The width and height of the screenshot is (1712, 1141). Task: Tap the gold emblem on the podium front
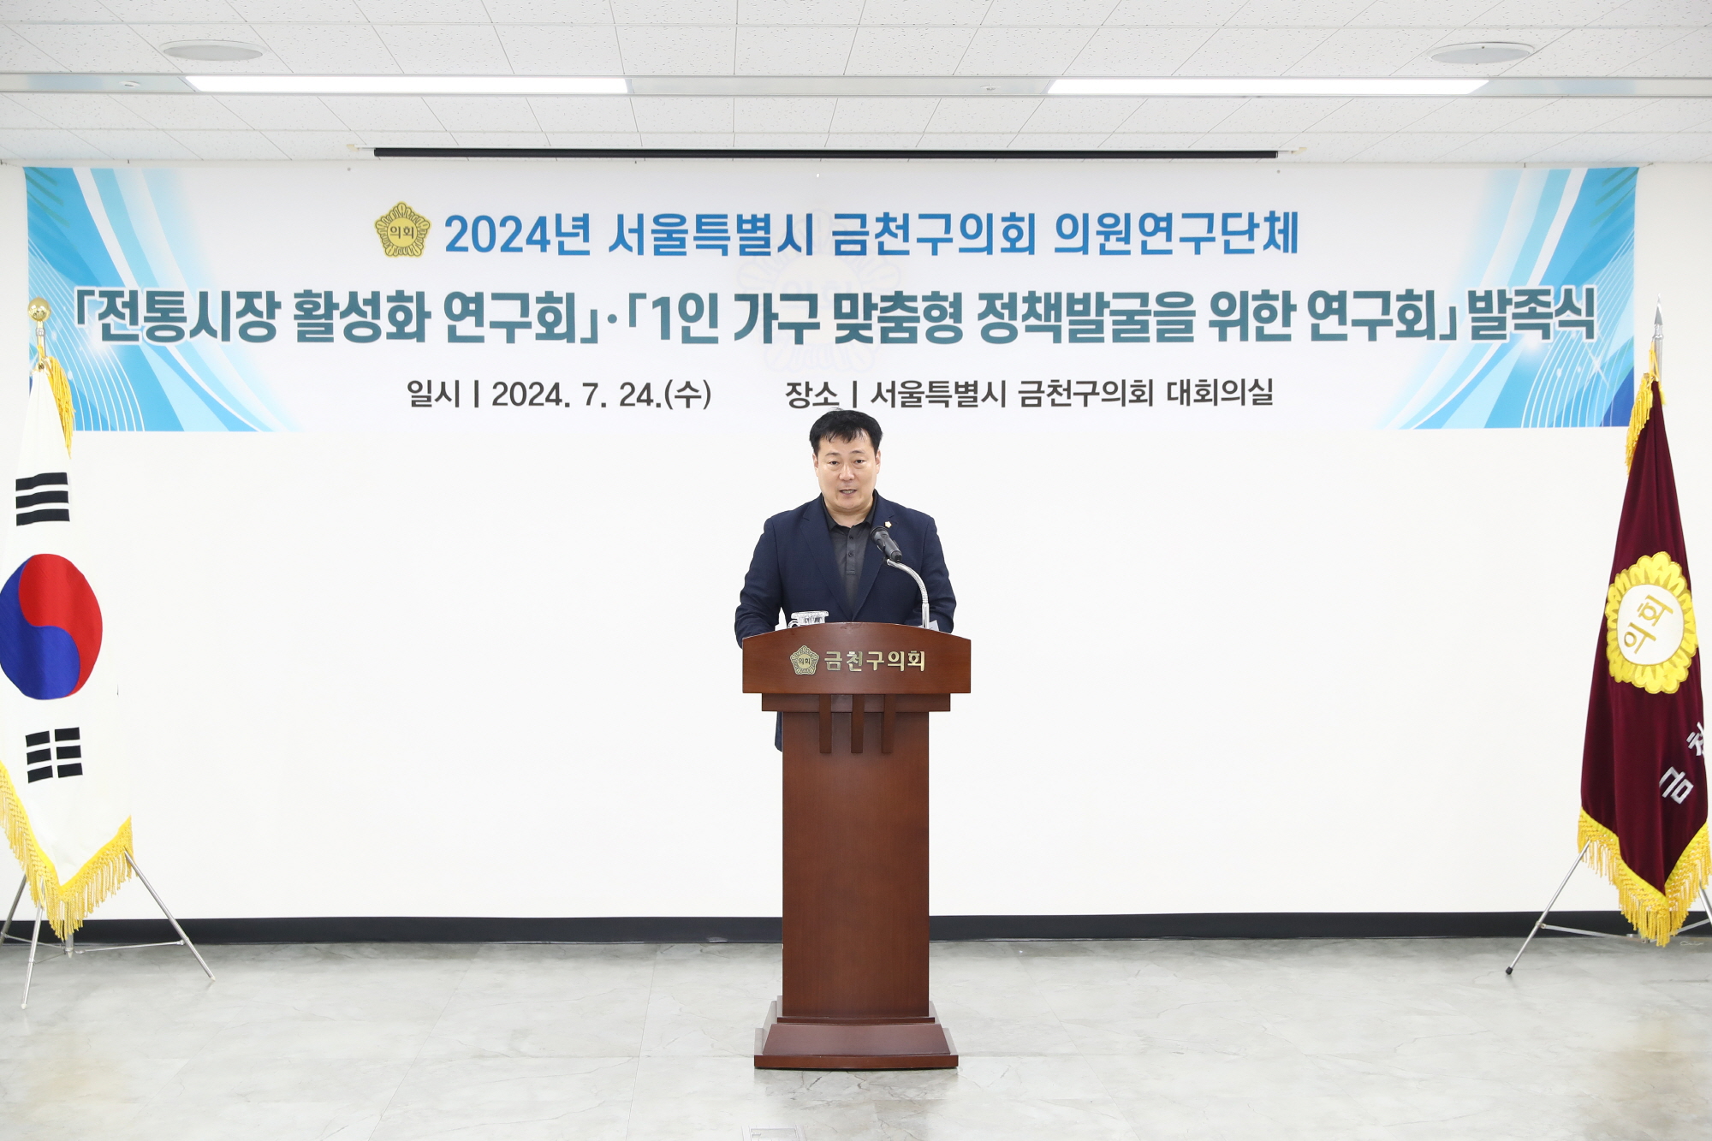(804, 660)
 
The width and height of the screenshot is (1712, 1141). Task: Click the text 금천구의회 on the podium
(874, 661)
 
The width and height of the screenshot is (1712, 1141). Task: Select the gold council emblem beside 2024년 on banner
(402, 229)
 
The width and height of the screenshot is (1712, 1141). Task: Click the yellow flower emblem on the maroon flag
(1650, 622)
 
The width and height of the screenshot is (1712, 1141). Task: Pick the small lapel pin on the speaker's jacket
(889, 524)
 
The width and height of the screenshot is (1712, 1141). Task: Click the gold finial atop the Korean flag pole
(39, 310)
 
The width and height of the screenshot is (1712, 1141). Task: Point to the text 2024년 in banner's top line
(517, 234)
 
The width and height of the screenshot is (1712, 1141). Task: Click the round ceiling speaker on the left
(211, 51)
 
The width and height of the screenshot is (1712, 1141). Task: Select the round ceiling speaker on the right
(1481, 53)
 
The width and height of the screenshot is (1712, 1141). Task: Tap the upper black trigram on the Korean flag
(41, 498)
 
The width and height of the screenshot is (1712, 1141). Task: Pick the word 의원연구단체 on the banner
(1175, 233)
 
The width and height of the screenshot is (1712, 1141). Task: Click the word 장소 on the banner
(811, 395)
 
